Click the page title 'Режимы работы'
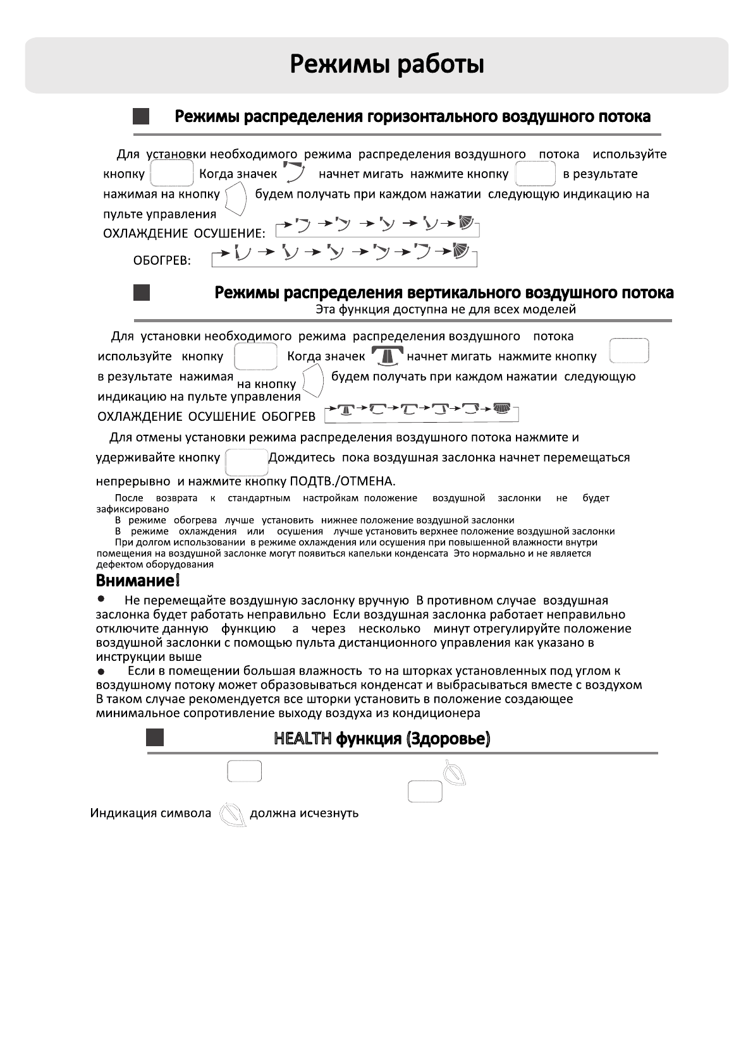click(x=387, y=64)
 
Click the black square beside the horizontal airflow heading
click(x=141, y=116)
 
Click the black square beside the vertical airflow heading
click(x=142, y=293)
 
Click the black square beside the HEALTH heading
click(x=155, y=738)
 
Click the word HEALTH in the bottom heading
click(x=303, y=739)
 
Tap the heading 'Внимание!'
click(x=138, y=580)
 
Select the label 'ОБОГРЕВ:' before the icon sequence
click(x=162, y=261)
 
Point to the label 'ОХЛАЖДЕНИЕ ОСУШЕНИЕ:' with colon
click(x=184, y=234)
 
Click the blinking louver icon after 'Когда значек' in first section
click(x=295, y=172)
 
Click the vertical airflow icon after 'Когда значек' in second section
click(x=387, y=356)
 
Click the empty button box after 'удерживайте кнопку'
click(x=246, y=462)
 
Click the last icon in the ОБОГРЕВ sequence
click(x=462, y=251)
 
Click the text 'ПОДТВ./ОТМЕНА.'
click(x=342, y=482)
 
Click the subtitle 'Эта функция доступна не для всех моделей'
click(x=446, y=310)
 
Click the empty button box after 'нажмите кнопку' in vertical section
click(x=628, y=351)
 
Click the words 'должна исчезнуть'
click(x=304, y=813)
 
